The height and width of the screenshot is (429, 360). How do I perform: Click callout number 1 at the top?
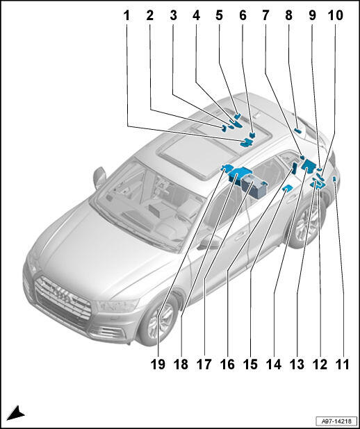coord(126,16)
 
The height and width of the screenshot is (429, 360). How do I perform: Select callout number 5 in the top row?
coord(219,16)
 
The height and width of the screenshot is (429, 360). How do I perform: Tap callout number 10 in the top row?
coord(336,16)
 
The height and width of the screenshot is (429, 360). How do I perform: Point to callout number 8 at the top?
coord(289,16)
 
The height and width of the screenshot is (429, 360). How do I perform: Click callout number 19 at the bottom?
coord(158,364)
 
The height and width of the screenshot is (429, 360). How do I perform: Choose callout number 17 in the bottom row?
coord(204,364)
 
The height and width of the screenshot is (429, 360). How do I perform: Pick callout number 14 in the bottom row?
coord(274,364)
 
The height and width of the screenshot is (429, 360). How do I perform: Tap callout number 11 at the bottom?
coord(343,364)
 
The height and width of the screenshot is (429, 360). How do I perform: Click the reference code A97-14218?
coord(336,421)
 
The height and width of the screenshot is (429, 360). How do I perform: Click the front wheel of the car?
coord(160,319)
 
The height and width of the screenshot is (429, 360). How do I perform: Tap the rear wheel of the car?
coord(307,224)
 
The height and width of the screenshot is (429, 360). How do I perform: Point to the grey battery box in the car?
coord(254,187)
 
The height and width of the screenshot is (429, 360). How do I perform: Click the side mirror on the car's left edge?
coord(99,178)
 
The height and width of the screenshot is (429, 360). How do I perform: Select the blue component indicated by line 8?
coord(297,131)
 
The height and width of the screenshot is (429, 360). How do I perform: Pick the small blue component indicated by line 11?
coord(334,179)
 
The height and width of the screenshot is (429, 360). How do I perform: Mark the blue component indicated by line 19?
coord(227,167)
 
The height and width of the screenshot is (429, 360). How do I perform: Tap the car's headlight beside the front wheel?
coord(117,305)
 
